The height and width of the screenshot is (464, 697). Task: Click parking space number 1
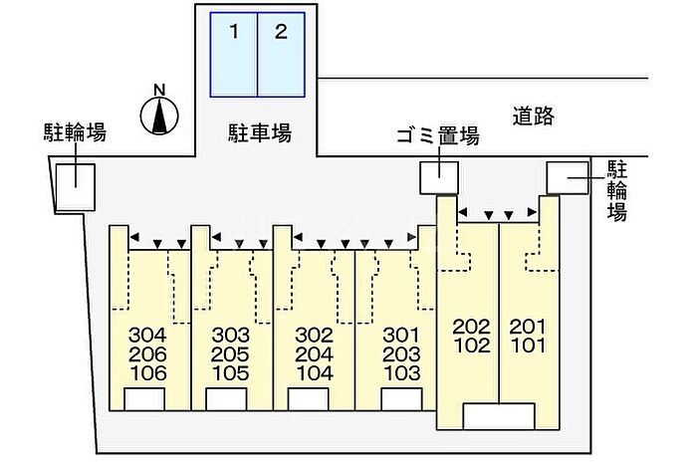pos(234,55)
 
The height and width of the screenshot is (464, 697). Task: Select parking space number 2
pos(282,55)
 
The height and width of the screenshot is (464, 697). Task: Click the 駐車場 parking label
pos(260,132)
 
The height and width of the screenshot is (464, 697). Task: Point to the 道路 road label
pos(534,116)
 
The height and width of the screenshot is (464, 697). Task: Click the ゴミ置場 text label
pos(438,135)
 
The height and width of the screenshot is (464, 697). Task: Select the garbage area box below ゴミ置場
pos(439,178)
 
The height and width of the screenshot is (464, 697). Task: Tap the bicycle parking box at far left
pos(75,187)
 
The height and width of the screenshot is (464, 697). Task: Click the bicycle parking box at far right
pos(568,178)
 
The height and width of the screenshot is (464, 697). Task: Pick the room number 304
pos(147,335)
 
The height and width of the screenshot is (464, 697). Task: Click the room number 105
pos(230,372)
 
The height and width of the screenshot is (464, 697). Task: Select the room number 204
pos(315,354)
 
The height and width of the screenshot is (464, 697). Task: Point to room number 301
pos(401,335)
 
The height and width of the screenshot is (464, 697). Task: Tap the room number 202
pos(472,327)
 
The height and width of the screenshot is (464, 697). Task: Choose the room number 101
pos(528,346)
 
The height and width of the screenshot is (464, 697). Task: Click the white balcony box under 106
pos(144,399)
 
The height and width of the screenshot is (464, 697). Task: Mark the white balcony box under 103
pos(402,399)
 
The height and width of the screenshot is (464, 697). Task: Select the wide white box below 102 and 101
pos(499,416)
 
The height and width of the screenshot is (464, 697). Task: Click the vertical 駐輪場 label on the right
pos(617,191)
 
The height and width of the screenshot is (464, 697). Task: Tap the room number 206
pos(147,354)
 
